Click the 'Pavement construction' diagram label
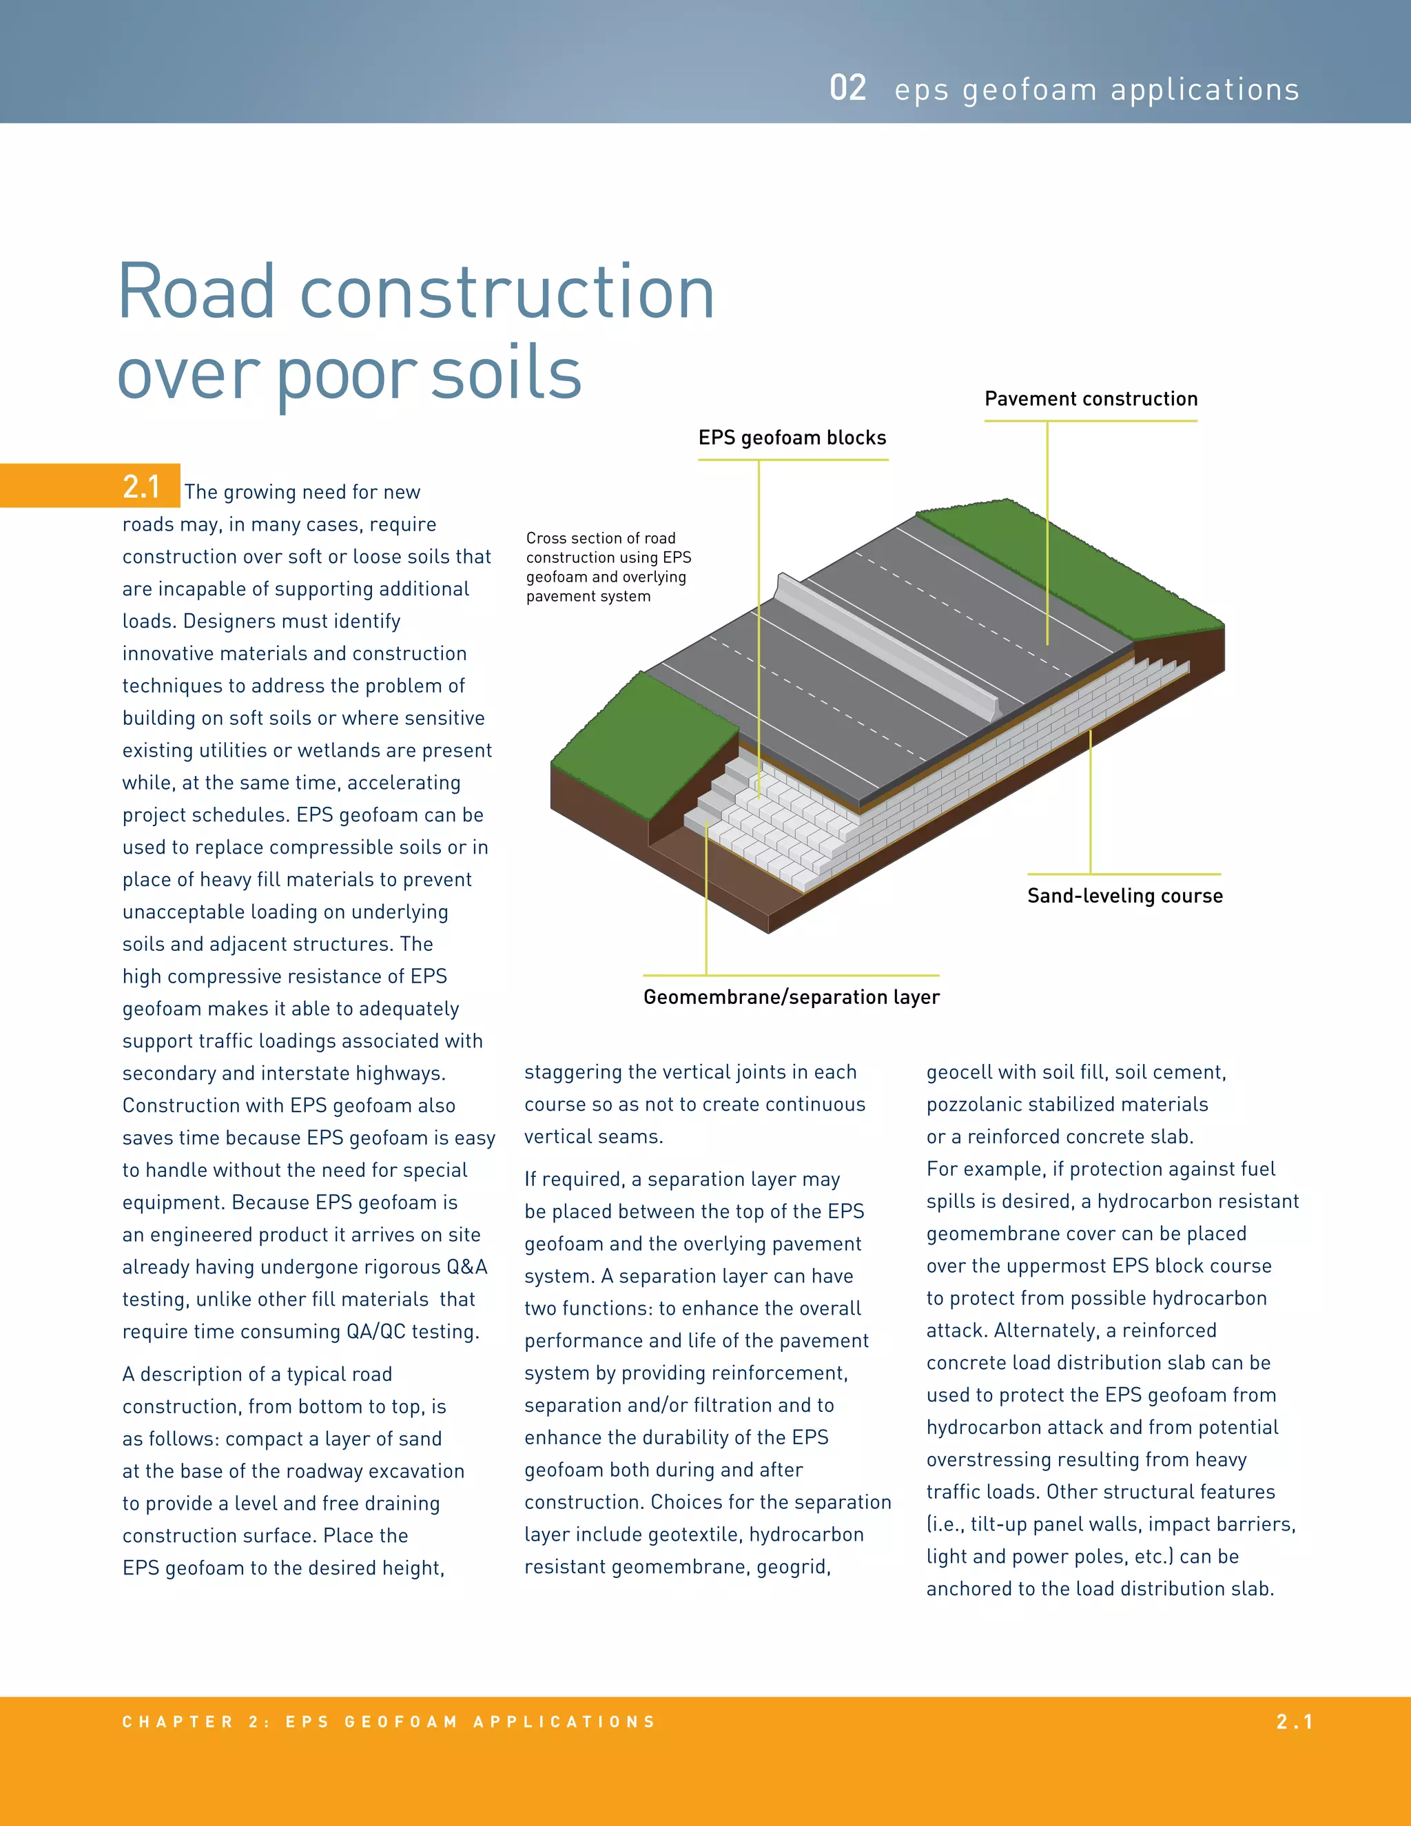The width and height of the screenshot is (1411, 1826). [x=1090, y=399]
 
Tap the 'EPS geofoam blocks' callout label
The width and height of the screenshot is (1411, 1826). [x=792, y=438]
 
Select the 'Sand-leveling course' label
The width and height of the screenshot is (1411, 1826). [x=1124, y=896]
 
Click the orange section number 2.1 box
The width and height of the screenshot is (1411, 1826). [x=141, y=486]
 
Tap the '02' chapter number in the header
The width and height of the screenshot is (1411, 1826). [x=847, y=89]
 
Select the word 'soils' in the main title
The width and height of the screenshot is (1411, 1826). [x=506, y=373]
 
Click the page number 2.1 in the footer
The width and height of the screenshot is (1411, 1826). [x=1294, y=1721]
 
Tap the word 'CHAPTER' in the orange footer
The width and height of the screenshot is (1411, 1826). [x=177, y=1721]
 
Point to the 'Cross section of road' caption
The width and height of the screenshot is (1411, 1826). [x=600, y=538]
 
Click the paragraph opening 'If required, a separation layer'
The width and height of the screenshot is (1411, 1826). [x=706, y=1372]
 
